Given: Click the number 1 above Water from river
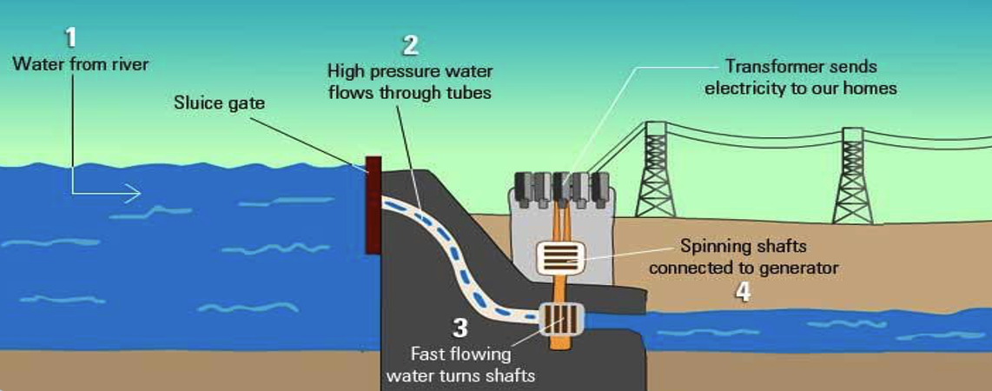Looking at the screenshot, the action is click(x=71, y=37).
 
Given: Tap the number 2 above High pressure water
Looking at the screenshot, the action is click(x=411, y=44).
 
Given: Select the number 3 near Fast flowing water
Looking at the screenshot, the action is click(x=461, y=328).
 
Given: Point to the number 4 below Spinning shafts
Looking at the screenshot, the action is click(x=744, y=292).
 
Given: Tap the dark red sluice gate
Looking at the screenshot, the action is click(x=374, y=205).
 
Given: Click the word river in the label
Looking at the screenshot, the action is click(x=129, y=64).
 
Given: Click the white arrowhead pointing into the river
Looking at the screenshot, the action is click(x=132, y=192).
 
